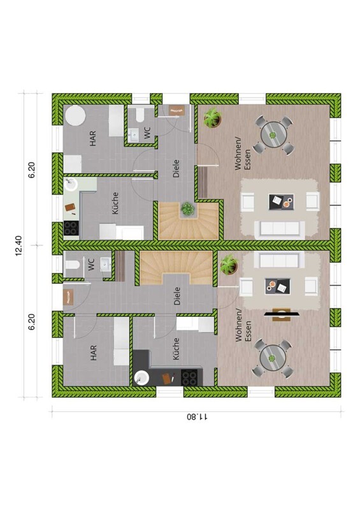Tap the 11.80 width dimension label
point(198,417)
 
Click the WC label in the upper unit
point(147,133)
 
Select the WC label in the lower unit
point(91,264)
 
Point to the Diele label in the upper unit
point(176,168)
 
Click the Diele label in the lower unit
point(177,296)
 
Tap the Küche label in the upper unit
point(115,203)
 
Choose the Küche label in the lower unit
point(176,349)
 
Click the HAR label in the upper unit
point(93,138)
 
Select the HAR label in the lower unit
point(94,353)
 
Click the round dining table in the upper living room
point(273,135)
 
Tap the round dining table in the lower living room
point(273,358)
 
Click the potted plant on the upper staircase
point(187,208)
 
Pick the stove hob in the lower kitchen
point(189,378)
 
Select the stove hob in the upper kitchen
point(71,228)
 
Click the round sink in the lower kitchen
point(141,378)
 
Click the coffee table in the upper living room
point(281,202)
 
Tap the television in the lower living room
point(282,314)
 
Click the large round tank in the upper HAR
point(75,115)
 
